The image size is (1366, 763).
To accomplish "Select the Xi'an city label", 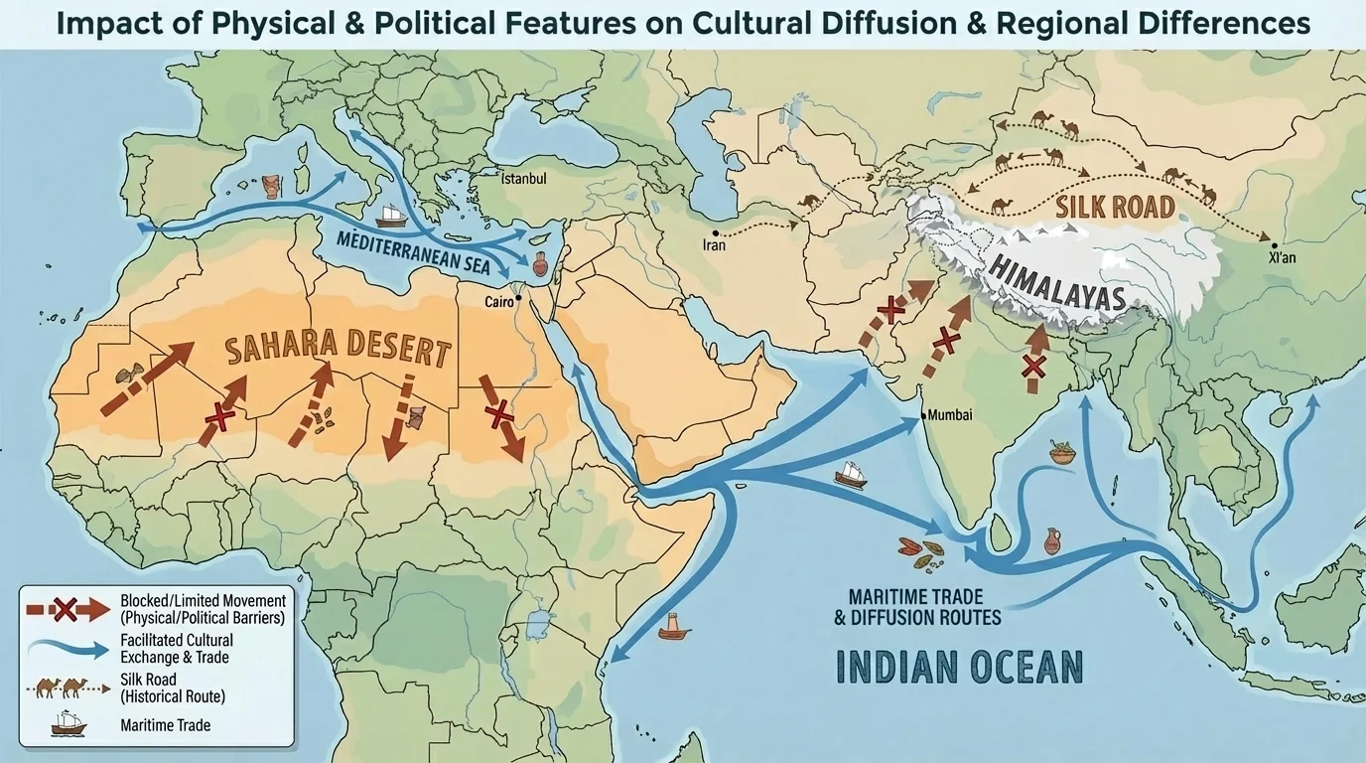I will click(x=1284, y=255).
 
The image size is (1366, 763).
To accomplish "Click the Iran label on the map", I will click(x=714, y=244).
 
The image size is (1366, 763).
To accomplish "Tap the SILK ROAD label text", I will click(x=1115, y=207).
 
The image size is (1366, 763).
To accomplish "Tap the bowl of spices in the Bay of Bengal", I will click(x=1062, y=454).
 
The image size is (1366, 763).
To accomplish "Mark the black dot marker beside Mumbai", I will click(x=923, y=415).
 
